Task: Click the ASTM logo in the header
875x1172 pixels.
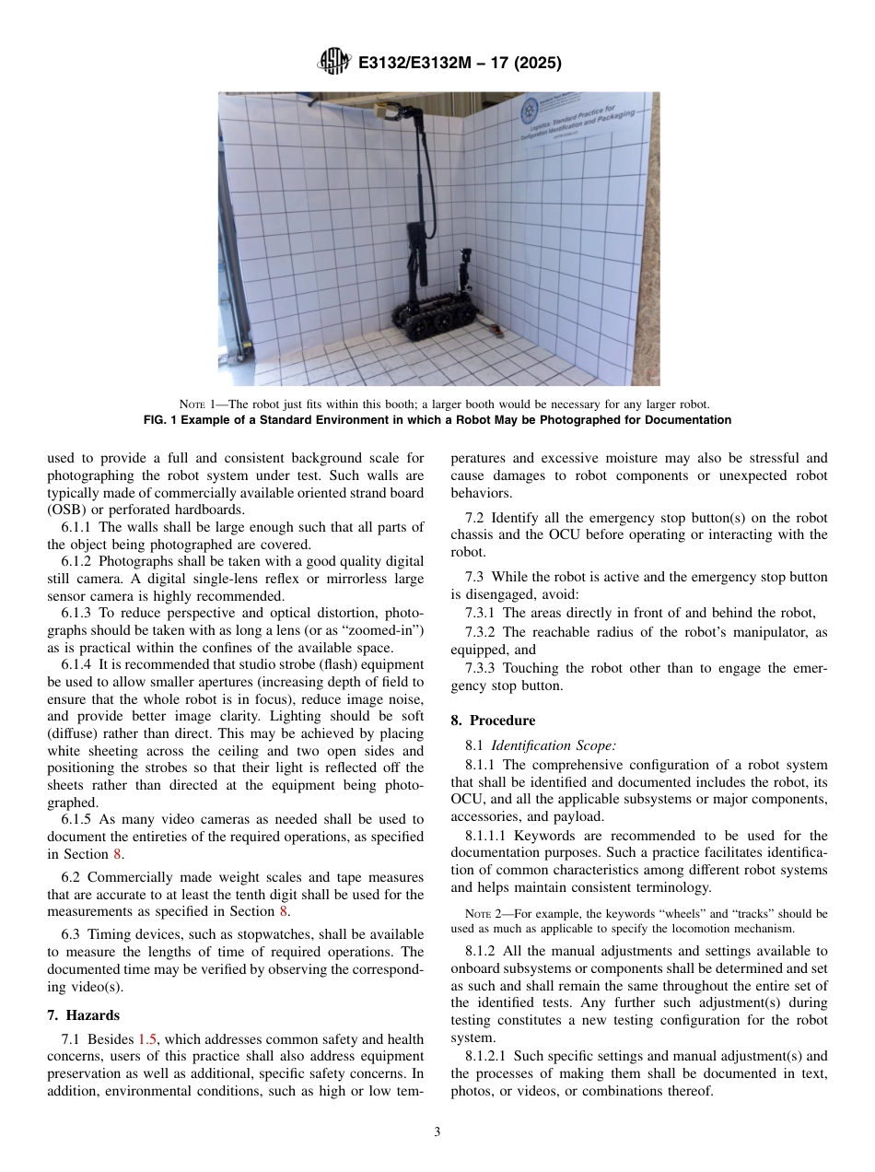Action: [x=333, y=63]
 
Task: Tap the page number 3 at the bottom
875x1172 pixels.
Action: [x=437, y=1132]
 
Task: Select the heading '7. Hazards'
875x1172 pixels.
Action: [x=83, y=1015]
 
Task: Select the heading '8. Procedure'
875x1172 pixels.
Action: [x=493, y=721]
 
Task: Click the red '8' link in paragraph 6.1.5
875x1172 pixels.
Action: [x=117, y=854]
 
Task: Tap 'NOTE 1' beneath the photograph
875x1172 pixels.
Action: [x=200, y=404]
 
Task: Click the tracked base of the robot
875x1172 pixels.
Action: [x=432, y=322]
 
